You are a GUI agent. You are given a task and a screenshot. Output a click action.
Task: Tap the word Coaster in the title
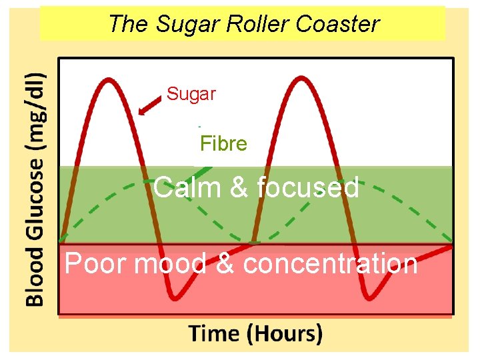[337, 24]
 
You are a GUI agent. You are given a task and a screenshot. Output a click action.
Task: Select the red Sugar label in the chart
[191, 94]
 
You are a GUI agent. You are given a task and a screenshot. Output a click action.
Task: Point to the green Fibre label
[224, 144]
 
